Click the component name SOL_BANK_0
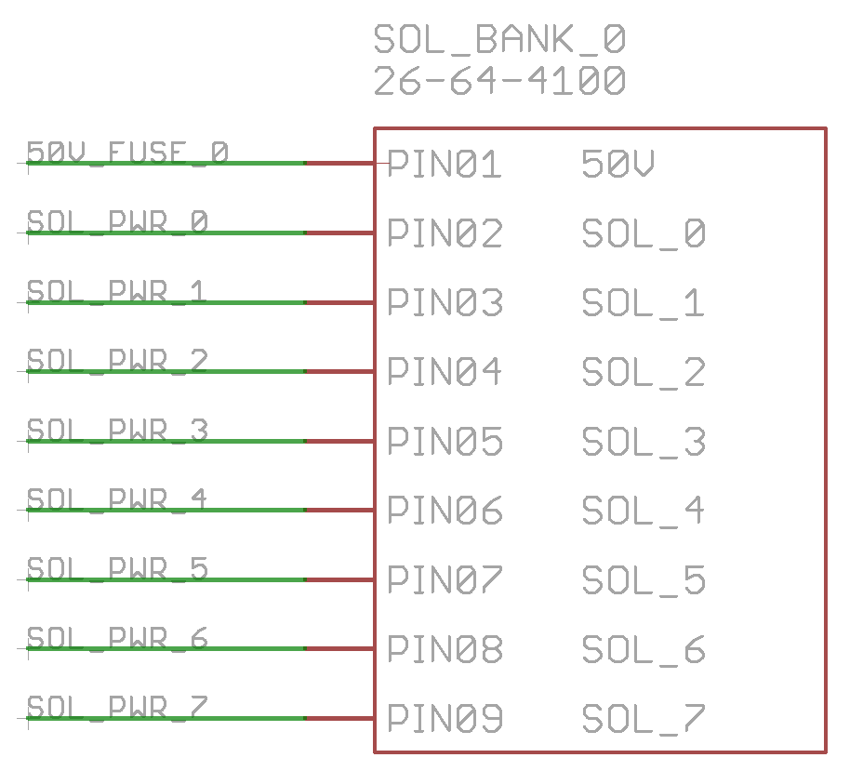coord(499,40)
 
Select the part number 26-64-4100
coord(499,82)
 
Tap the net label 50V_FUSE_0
coord(127,152)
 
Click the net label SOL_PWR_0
coord(117,221)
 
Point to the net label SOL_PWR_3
coord(117,430)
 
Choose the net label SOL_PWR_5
coord(117,568)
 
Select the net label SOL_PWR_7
coord(117,707)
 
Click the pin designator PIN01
coord(445,166)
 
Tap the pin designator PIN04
coord(445,373)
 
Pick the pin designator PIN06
coord(445,511)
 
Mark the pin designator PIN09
coord(445,719)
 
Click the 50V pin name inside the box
coord(617,166)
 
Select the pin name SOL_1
coord(644,303)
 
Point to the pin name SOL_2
coord(644,373)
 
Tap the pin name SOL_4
coord(644,511)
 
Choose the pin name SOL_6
coord(644,650)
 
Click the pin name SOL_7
coord(644,719)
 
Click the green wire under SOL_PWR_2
coord(167,371)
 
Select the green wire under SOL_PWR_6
coord(167,648)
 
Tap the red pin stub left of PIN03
coord(339,302)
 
